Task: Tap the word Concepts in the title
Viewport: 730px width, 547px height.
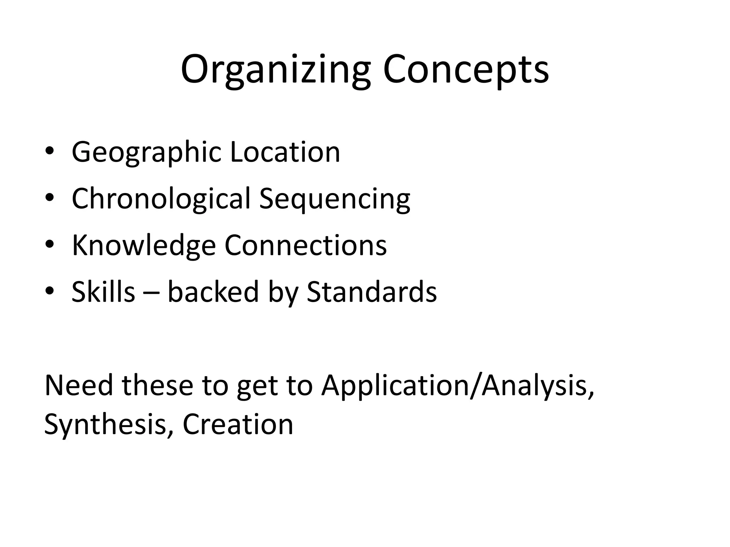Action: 466,69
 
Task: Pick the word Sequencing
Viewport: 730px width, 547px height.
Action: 335,199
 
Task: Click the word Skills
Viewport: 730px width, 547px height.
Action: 103,292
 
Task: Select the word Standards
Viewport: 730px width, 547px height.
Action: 371,292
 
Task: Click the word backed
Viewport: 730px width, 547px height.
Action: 213,292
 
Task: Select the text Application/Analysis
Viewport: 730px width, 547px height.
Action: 457,386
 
